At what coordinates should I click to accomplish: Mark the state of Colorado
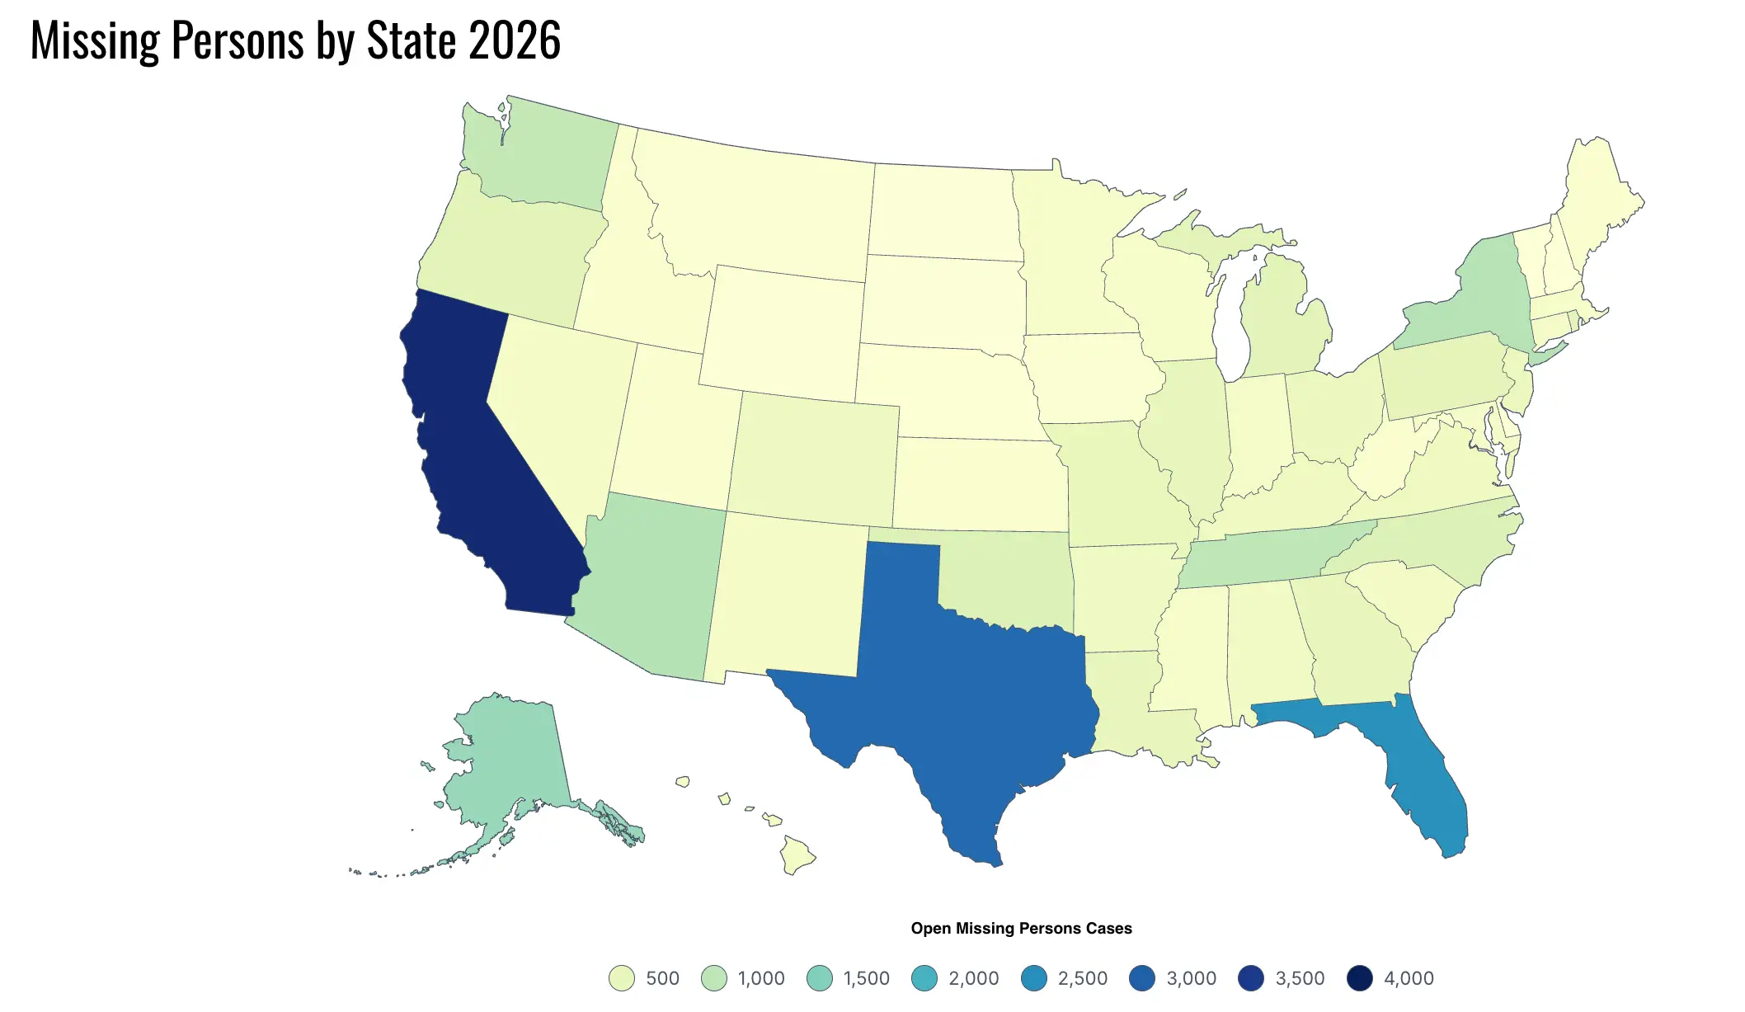[812, 458]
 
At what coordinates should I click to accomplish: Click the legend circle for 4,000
[1360, 978]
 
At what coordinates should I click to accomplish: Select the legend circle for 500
[622, 978]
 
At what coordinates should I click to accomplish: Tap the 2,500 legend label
[1082, 978]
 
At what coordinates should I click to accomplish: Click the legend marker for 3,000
[1142, 978]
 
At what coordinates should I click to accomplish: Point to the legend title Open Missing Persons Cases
[1021, 929]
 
